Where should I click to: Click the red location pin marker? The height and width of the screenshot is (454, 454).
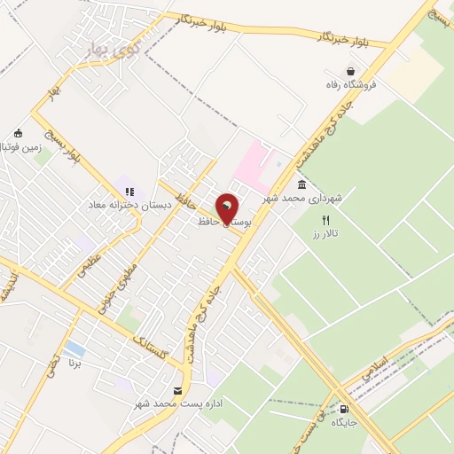(x=228, y=209)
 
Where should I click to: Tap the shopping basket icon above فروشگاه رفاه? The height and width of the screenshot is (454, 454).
(x=352, y=71)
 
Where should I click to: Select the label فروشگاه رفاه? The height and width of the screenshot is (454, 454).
(x=352, y=84)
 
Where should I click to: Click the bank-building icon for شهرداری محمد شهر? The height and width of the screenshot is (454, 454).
(x=302, y=185)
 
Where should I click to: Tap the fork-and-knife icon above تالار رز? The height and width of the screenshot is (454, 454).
(x=325, y=220)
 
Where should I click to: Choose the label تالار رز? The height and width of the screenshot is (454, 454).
(x=326, y=233)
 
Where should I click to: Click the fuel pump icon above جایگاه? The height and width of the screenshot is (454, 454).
(x=344, y=409)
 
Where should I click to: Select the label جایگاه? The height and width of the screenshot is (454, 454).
(x=344, y=423)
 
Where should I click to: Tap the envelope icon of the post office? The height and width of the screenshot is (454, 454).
(x=179, y=391)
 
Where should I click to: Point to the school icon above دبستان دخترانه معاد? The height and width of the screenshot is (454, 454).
(x=129, y=191)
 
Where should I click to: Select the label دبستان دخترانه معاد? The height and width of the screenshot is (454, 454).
(x=130, y=203)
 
